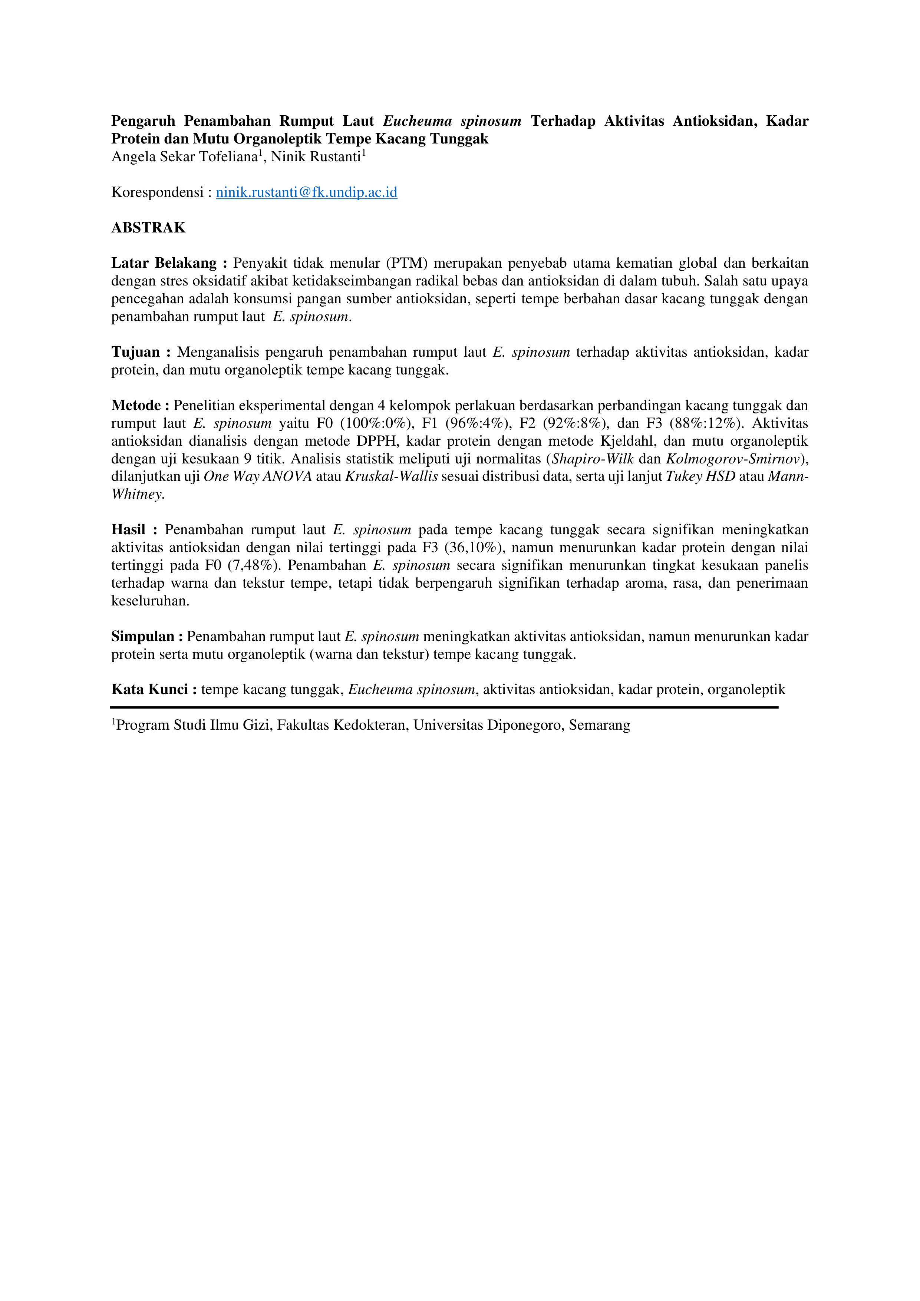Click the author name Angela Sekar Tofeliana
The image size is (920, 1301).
(184, 157)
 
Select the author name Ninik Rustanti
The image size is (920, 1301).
(315, 157)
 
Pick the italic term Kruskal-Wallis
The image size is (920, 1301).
(391, 476)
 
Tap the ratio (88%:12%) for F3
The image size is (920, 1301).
(706, 424)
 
